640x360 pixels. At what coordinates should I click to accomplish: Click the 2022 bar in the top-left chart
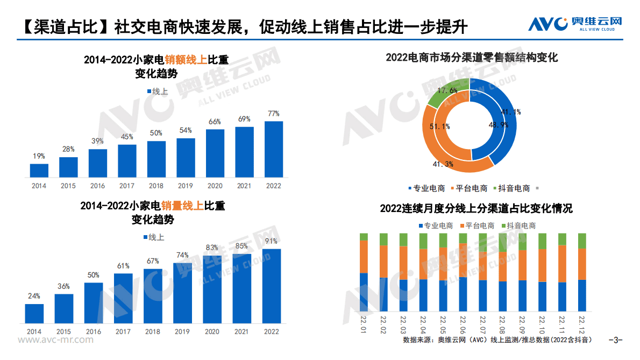tap(273, 149)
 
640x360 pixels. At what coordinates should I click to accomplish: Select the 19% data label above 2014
tap(39, 156)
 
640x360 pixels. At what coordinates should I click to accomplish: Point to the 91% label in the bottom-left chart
tap(271, 241)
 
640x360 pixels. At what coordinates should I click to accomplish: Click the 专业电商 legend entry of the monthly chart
tap(435, 226)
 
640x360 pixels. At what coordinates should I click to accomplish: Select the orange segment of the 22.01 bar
tap(364, 257)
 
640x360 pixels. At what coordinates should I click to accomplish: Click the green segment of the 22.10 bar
tap(542, 241)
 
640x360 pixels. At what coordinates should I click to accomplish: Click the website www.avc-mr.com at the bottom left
tap(55, 340)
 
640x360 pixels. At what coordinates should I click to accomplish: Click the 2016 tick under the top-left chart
tap(97, 186)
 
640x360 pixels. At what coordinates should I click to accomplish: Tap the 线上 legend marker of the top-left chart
tap(150, 92)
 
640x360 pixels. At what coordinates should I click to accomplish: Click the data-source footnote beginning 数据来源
tap(497, 340)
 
